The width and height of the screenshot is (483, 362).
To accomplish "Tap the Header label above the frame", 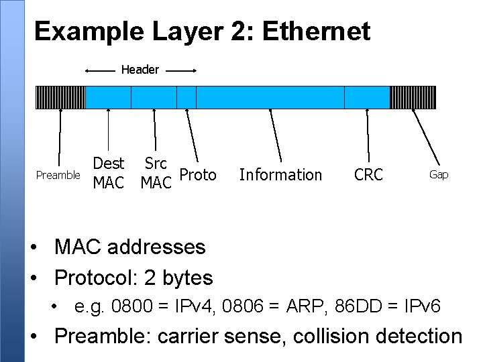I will pos(140,70).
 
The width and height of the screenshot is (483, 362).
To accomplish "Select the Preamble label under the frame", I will pos(58,175).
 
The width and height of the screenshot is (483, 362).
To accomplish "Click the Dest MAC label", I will pos(109,173).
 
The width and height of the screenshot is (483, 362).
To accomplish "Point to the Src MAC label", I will pos(156,173).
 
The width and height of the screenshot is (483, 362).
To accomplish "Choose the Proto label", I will pos(199,175).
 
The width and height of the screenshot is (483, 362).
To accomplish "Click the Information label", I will pos(280,175).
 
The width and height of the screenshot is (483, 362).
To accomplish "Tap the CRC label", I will pos(368,175).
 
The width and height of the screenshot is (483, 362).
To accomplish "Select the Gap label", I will pos(439,174).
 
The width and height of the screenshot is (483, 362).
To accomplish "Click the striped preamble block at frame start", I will pos(60,97).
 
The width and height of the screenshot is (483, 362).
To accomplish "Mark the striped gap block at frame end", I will pos(413,97).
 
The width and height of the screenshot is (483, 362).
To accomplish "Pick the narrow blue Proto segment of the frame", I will pos(186,97).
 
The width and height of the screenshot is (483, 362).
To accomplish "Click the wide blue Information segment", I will pos(270,97).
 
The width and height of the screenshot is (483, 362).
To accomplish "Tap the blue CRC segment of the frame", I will pos(367,97).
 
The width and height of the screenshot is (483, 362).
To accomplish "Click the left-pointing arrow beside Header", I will pos(101,70).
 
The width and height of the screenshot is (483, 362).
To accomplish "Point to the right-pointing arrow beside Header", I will pos(180,70).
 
